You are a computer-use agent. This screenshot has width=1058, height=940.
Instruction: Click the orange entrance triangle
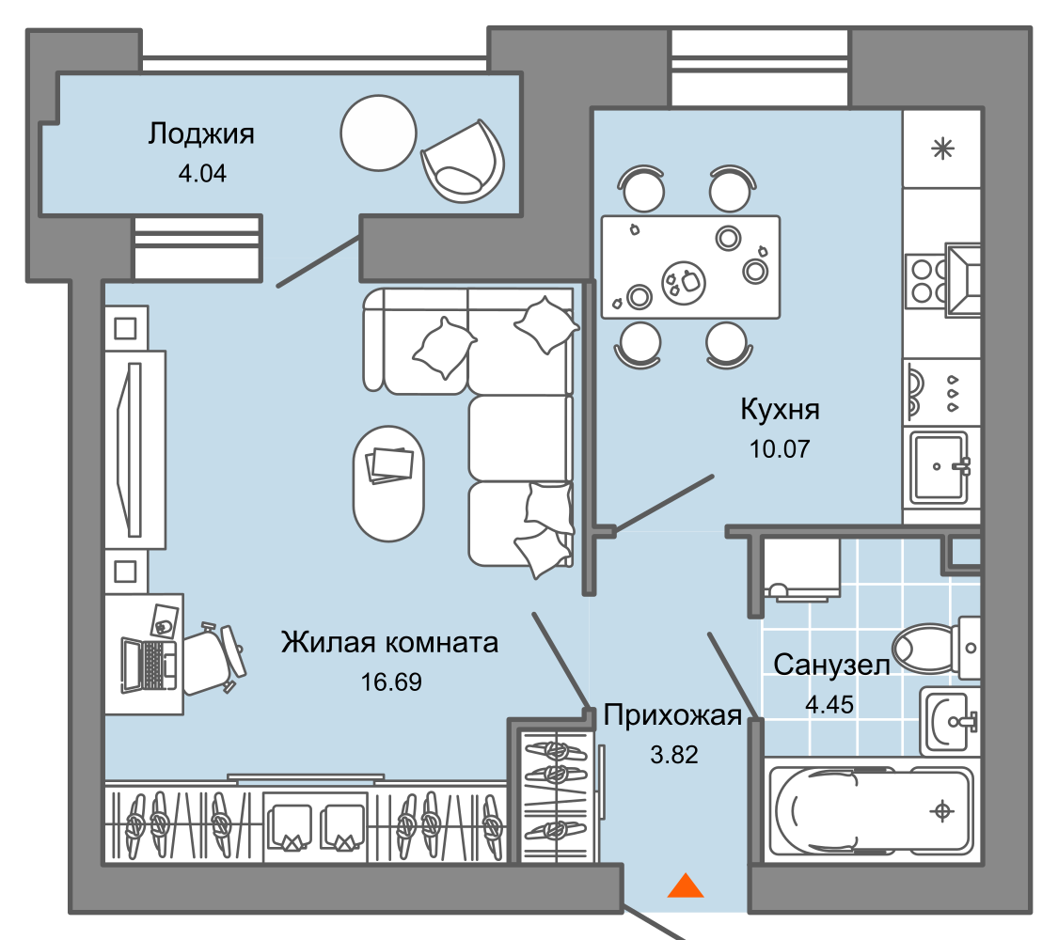click(x=686, y=885)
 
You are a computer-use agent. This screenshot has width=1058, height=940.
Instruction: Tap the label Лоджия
click(x=201, y=134)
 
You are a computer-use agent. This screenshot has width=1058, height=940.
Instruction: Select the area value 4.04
click(x=202, y=173)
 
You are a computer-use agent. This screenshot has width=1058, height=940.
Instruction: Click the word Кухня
click(x=780, y=410)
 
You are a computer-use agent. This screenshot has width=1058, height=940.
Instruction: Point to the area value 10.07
click(x=780, y=447)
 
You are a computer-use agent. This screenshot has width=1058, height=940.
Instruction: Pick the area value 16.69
click(x=391, y=681)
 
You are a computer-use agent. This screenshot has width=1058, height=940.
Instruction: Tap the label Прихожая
click(x=672, y=715)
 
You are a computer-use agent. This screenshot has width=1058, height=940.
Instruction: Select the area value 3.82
click(x=674, y=754)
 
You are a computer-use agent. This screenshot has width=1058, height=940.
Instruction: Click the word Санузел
click(x=831, y=666)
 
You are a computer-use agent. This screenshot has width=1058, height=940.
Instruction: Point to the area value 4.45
click(x=829, y=704)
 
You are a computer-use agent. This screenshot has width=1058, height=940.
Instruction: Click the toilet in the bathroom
click(x=931, y=648)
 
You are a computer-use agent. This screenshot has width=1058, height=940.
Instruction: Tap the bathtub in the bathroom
click(x=870, y=810)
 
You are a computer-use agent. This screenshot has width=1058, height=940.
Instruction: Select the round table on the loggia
click(x=378, y=132)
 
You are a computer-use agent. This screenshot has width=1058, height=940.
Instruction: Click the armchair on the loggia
click(x=463, y=161)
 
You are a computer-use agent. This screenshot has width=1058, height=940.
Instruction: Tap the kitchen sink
click(x=938, y=467)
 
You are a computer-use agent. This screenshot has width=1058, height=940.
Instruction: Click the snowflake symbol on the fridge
click(x=941, y=149)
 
